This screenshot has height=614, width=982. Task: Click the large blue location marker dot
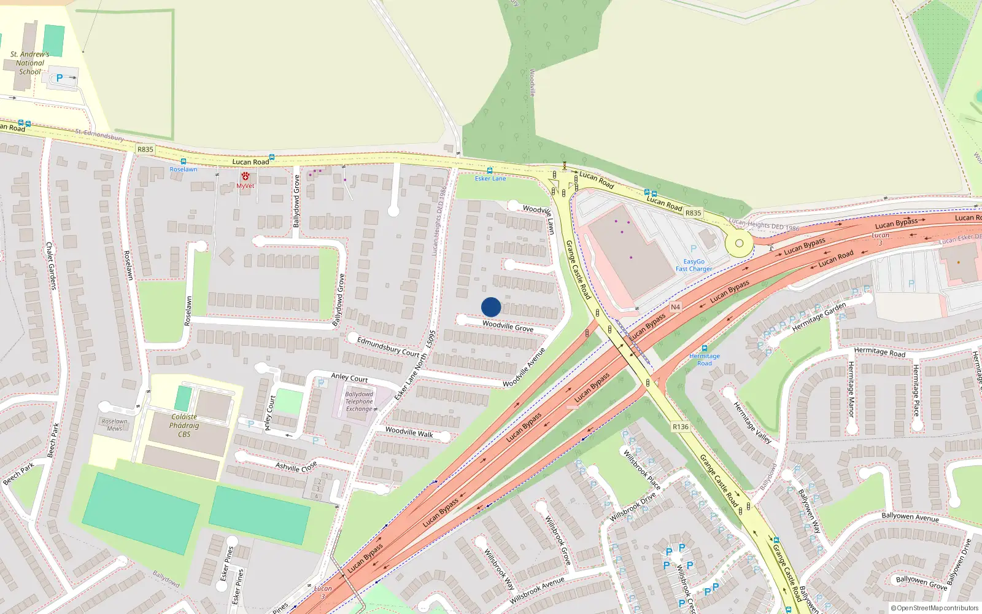pos(491,307)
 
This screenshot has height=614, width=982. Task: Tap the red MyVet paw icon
pos(245,176)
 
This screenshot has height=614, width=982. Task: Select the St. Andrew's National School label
pos(29,63)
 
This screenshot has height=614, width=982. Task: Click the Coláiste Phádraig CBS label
pos(184,425)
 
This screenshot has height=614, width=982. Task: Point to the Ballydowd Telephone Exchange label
pos(359,402)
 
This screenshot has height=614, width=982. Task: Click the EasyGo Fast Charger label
pos(694,265)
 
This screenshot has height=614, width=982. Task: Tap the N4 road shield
pos(675,307)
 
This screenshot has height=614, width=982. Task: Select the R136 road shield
pos(681,427)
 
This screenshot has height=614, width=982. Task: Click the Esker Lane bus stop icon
pos(490,171)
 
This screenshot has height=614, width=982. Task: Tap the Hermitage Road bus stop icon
pos(705,348)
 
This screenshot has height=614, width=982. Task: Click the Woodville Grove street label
pos(508,326)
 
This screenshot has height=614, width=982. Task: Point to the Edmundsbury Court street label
pos(388,347)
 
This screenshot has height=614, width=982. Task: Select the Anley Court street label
pos(349,378)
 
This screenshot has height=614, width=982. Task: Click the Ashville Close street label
pos(296,467)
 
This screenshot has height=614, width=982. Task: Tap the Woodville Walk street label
pos(409,432)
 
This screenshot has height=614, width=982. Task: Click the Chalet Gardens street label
pos(51,265)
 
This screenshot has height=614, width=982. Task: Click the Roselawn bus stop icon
pos(183,161)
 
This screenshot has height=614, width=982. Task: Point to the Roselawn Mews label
pos(115,425)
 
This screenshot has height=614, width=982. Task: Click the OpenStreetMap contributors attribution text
pos(935,608)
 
